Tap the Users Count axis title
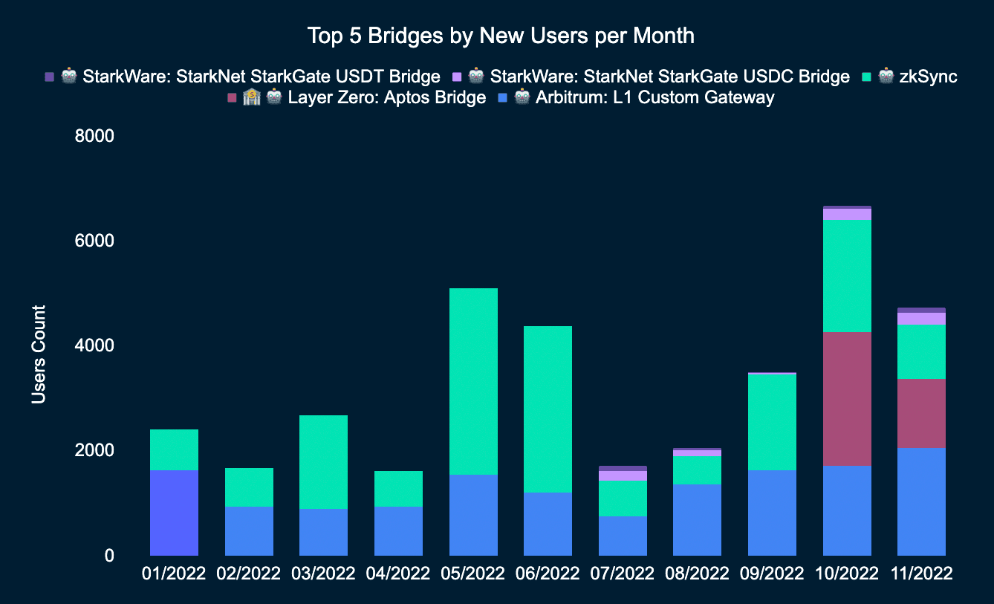pyautogui.click(x=39, y=354)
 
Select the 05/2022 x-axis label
pyautogui.click(x=473, y=574)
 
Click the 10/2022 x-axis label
pyautogui.click(x=847, y=574)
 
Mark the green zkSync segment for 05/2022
pyautogui.click(x=473, y=380)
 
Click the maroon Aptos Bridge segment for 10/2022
pyautogui.click(x=847, y=398)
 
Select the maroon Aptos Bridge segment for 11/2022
pyautogui.click(x=921, y=413)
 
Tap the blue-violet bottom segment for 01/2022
pyautogui.click(x=174, y=513)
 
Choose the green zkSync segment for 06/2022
pyautogui.click(x=548, y=409)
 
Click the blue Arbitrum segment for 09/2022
pyautogui.click(x=772, y=513)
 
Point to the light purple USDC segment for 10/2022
pyautogui.click(x=847, y=214)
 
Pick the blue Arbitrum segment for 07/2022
pyautogui.click(x=623, y=536)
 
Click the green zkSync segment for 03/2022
pyautogui.click(x=323, y=461)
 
